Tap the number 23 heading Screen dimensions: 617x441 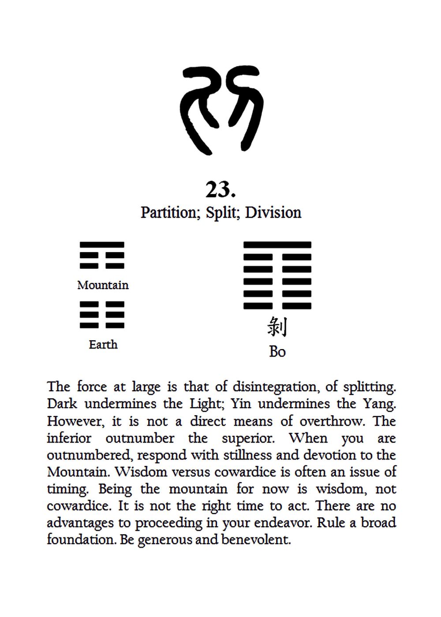(x=220, y=190)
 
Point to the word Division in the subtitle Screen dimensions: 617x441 (x=273, y=212)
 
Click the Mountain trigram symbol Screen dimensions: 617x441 (x=102, y=255)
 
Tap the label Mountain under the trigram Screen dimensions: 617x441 (x=103, y=285)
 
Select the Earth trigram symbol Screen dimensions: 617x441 (x=102, y=315)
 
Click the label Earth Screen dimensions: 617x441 (x=103, y=344)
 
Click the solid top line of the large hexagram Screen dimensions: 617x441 (x=277, y=245)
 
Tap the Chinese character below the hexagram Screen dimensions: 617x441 (x=277, y=327)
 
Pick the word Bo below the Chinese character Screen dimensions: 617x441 (x=277, y=352)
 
